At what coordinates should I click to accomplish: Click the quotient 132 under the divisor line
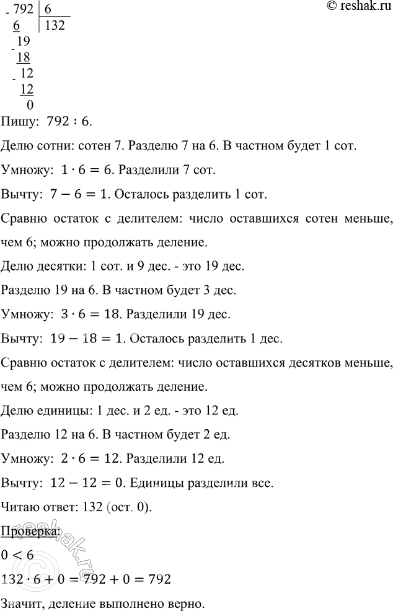point(55,27)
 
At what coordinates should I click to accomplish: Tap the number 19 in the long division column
point(24,43)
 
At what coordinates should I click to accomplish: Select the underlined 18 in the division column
point(24,58)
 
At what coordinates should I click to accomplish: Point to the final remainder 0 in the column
point(30,105)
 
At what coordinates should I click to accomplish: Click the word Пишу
point(20,122)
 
